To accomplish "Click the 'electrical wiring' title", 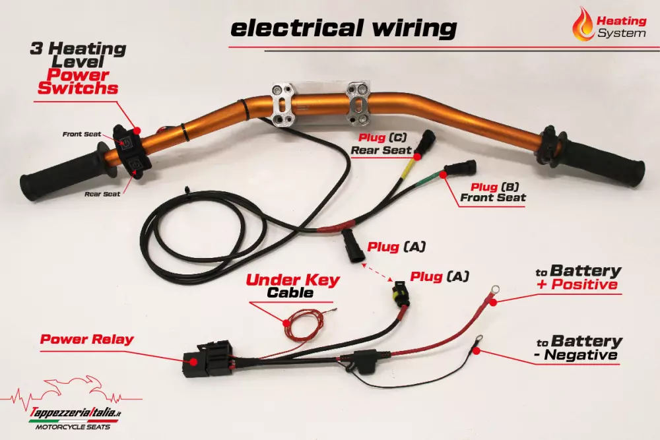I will click(x=343, y=28).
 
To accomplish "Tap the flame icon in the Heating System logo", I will click(x=583, y=24).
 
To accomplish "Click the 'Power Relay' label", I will click(x=86, y=340).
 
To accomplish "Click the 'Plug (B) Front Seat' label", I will click(x=493, y=191).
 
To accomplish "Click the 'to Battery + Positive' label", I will click(x=577, y=277).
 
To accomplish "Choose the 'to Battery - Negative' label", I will click(x=578, y=348).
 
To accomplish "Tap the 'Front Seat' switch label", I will click(x=82, y=134).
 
